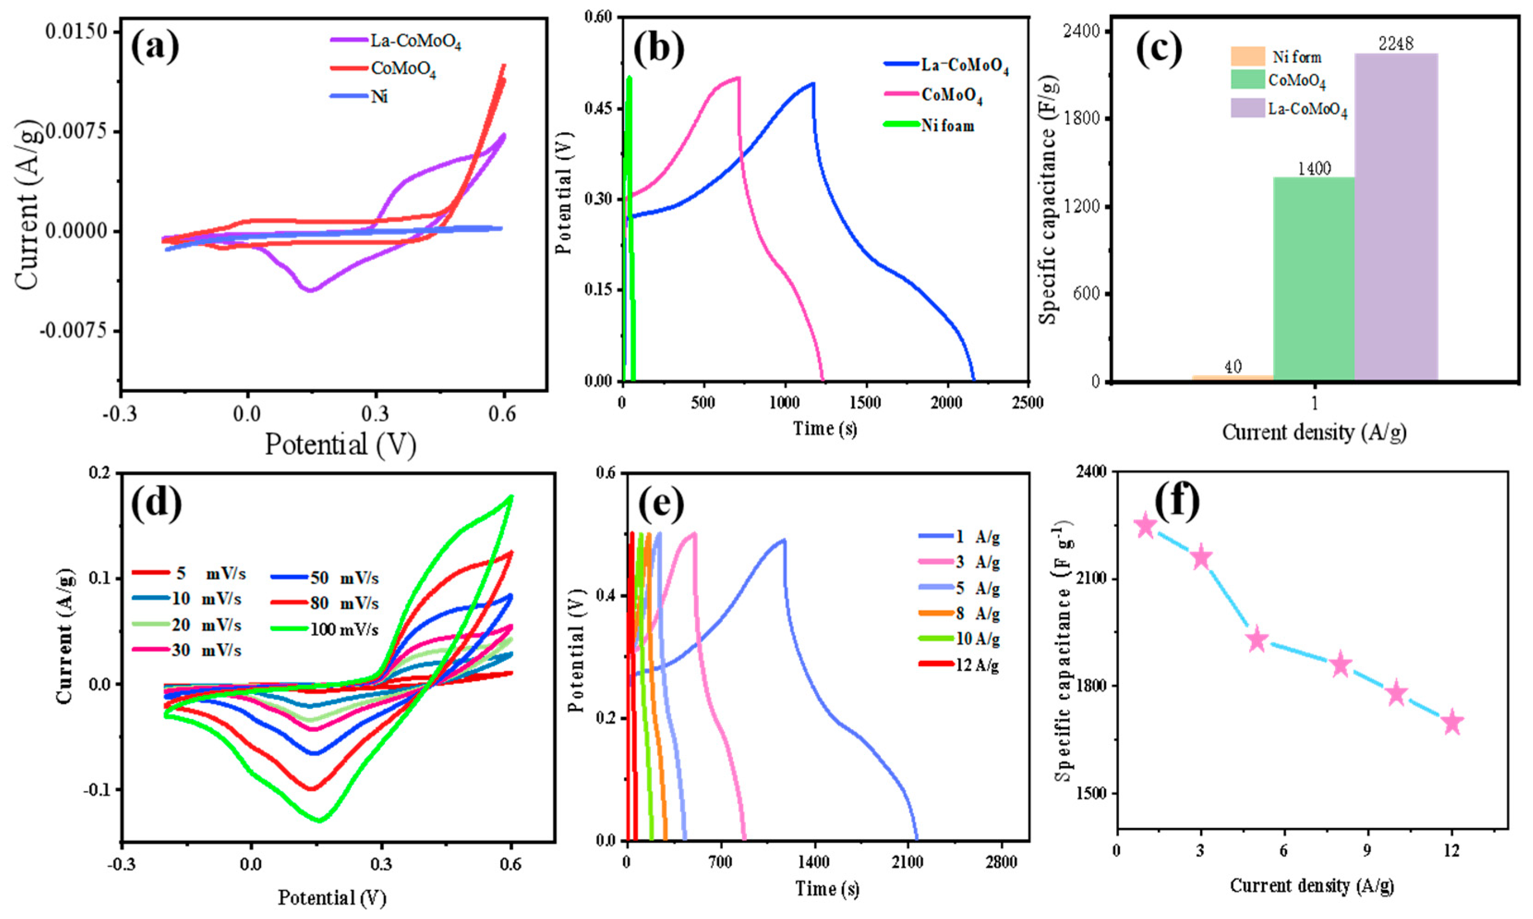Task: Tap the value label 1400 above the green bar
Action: (x=1314, y=169)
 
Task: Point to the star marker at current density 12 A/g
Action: (x=1452, y=723)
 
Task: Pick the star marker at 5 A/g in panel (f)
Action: (x=1257, y=640)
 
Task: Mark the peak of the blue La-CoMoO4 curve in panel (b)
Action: (x=812, y=83)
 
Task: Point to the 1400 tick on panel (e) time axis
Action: (x=814, y=863)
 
